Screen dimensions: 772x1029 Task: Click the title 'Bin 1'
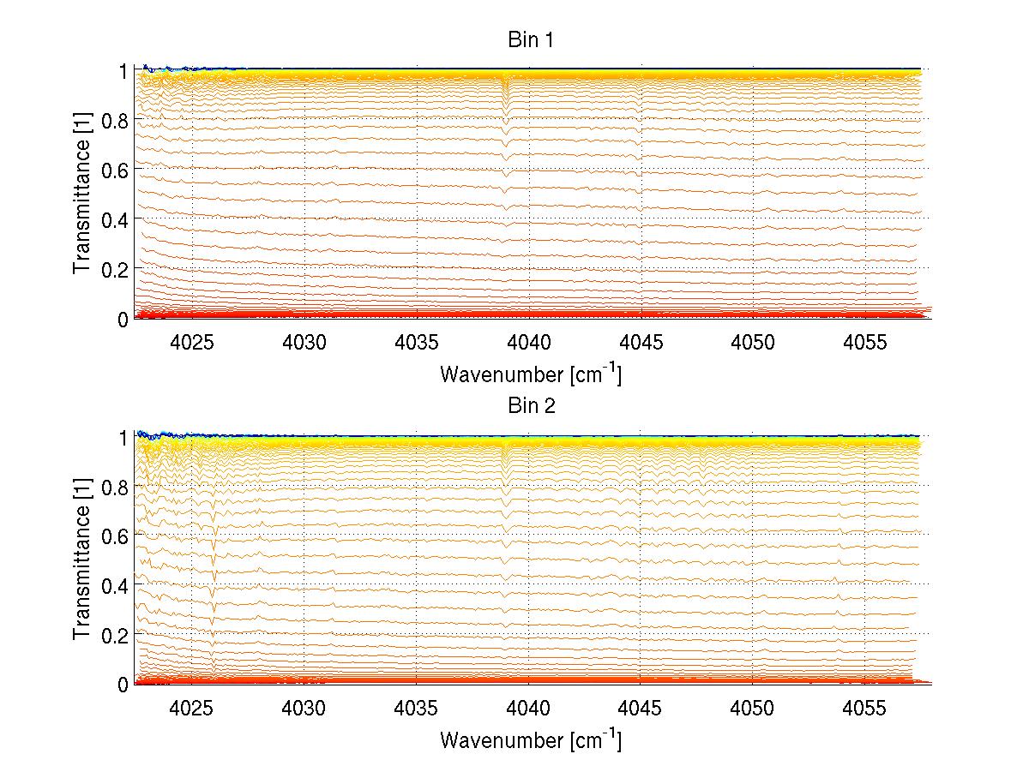pyautogui.click(x=532, y=39)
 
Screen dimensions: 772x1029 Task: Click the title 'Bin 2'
pyautogui.click(x=532, y=405)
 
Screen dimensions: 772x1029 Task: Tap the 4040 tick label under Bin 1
pyautogui.click(x=528, y=341)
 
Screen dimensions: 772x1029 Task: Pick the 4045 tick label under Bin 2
pyautogui.click(x=641, y=707)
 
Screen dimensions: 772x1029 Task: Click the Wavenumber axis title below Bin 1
pyautogui.click(x=531, y=374)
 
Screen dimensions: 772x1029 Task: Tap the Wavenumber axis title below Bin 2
pyautogui.click(x=531, y=739)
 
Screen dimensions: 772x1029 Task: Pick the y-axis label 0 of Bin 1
pyautogui.click(x=123, y=319)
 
